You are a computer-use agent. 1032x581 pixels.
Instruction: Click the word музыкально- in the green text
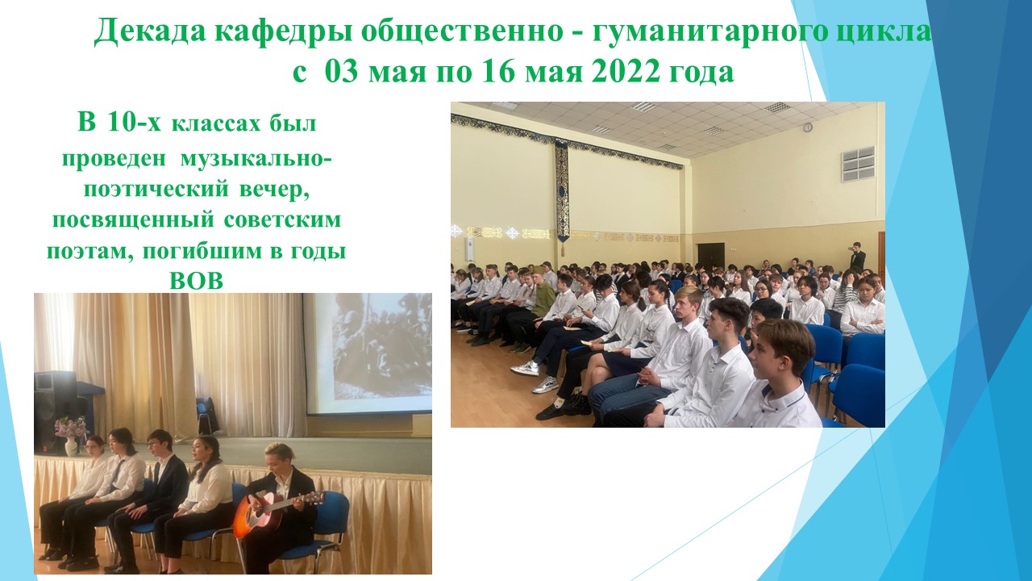click(256, 159)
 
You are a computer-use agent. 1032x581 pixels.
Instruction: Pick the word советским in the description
click(282, 220)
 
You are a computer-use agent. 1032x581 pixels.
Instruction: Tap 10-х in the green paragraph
click(134, 123)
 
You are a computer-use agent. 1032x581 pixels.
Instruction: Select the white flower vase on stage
click(71, 446)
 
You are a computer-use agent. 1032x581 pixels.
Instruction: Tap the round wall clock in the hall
click(808, 127)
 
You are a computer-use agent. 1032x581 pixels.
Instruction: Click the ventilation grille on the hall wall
click(858, 165)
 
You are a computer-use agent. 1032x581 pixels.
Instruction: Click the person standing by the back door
click(856, 256)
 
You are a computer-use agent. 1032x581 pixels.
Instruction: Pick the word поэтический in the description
click(156, 190)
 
